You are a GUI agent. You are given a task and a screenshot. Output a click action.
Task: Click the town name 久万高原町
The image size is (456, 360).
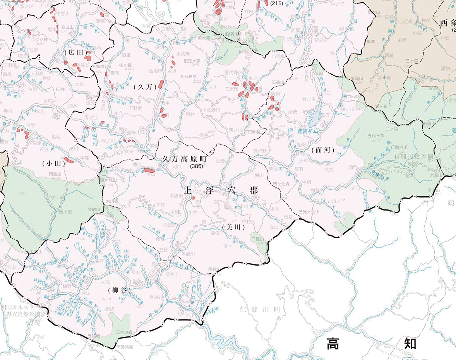click(x=185, y=159)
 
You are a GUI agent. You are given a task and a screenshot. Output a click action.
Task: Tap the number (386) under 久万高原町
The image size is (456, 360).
click(x=196, y=166)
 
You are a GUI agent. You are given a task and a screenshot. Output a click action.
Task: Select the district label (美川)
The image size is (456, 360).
click(x=234, y=227)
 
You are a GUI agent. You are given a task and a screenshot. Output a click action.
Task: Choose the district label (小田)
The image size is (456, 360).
click(x=53, y=163)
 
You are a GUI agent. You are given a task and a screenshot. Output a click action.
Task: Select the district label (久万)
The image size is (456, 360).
click(x=145, y=87)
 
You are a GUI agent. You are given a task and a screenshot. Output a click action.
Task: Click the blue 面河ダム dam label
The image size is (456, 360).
click(x=309, y=131)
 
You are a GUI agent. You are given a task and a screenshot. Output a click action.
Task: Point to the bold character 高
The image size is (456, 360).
click(x=333, y=343)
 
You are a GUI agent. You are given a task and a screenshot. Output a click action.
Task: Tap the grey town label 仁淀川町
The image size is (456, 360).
click(x=262, y=309)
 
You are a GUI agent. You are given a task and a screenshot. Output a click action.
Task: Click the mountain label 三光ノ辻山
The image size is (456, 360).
click(x=309, y=212)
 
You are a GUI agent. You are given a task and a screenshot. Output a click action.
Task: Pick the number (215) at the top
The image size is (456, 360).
click(x=276, y=3)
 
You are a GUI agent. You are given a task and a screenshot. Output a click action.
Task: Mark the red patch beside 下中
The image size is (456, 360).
click(x=149, y=170)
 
